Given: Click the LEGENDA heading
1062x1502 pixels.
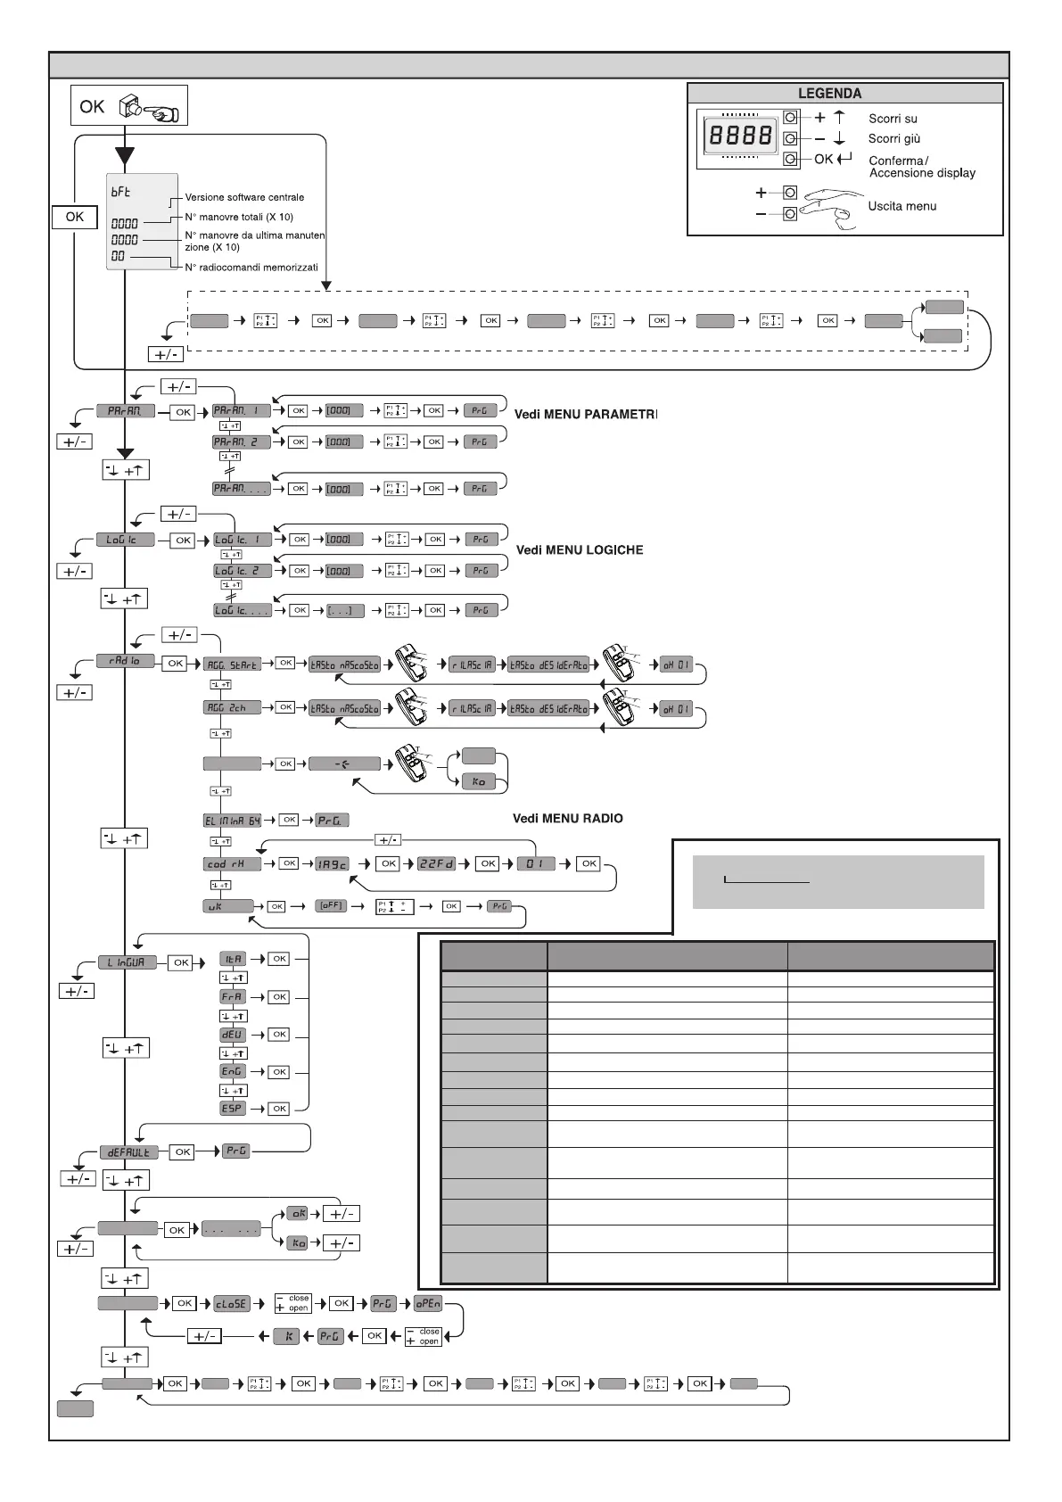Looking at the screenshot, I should (x=829, y=93).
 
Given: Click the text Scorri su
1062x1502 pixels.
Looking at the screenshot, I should (x=893, y=119).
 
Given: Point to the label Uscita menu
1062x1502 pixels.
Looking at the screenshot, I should (x=902, y=206).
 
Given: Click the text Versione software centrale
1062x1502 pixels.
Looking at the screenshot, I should (x=244, y=197).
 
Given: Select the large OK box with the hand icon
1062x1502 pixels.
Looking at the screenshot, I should (x=129, y=106).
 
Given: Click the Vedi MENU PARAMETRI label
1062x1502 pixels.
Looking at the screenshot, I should (x=585, y=414).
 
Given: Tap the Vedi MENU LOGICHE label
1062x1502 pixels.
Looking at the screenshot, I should (x=580, y=550).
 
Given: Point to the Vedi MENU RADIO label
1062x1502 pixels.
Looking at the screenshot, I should (x=567, y=818).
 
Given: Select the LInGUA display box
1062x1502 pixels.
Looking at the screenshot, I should (x=127, y=962).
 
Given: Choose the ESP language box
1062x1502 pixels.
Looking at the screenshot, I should (x=232, y=1108).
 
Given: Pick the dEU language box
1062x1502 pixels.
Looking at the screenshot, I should (x=232, y=1035).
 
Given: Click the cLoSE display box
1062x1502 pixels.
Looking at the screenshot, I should (x=231, y=1303).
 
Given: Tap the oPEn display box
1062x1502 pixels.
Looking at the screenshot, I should (x=428, y=1303).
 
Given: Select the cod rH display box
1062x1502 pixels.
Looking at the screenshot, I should (x=232, y=863).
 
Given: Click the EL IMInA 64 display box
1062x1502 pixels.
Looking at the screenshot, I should (x=234, y=820).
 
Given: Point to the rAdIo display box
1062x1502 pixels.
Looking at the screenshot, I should (x=126, y=661).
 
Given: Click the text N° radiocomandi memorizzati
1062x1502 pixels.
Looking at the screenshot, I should (x=251, y=267).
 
